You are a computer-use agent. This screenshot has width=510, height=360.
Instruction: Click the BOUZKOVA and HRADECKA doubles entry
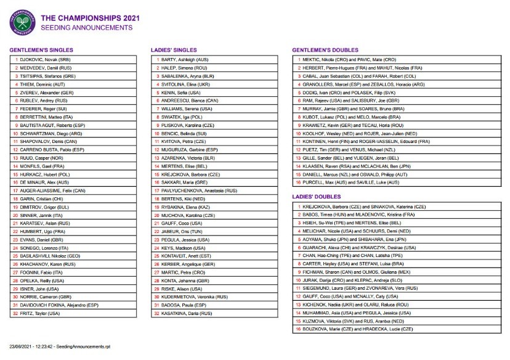coord(360,329)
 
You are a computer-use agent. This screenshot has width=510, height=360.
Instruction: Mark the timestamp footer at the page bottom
coord(57,348)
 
